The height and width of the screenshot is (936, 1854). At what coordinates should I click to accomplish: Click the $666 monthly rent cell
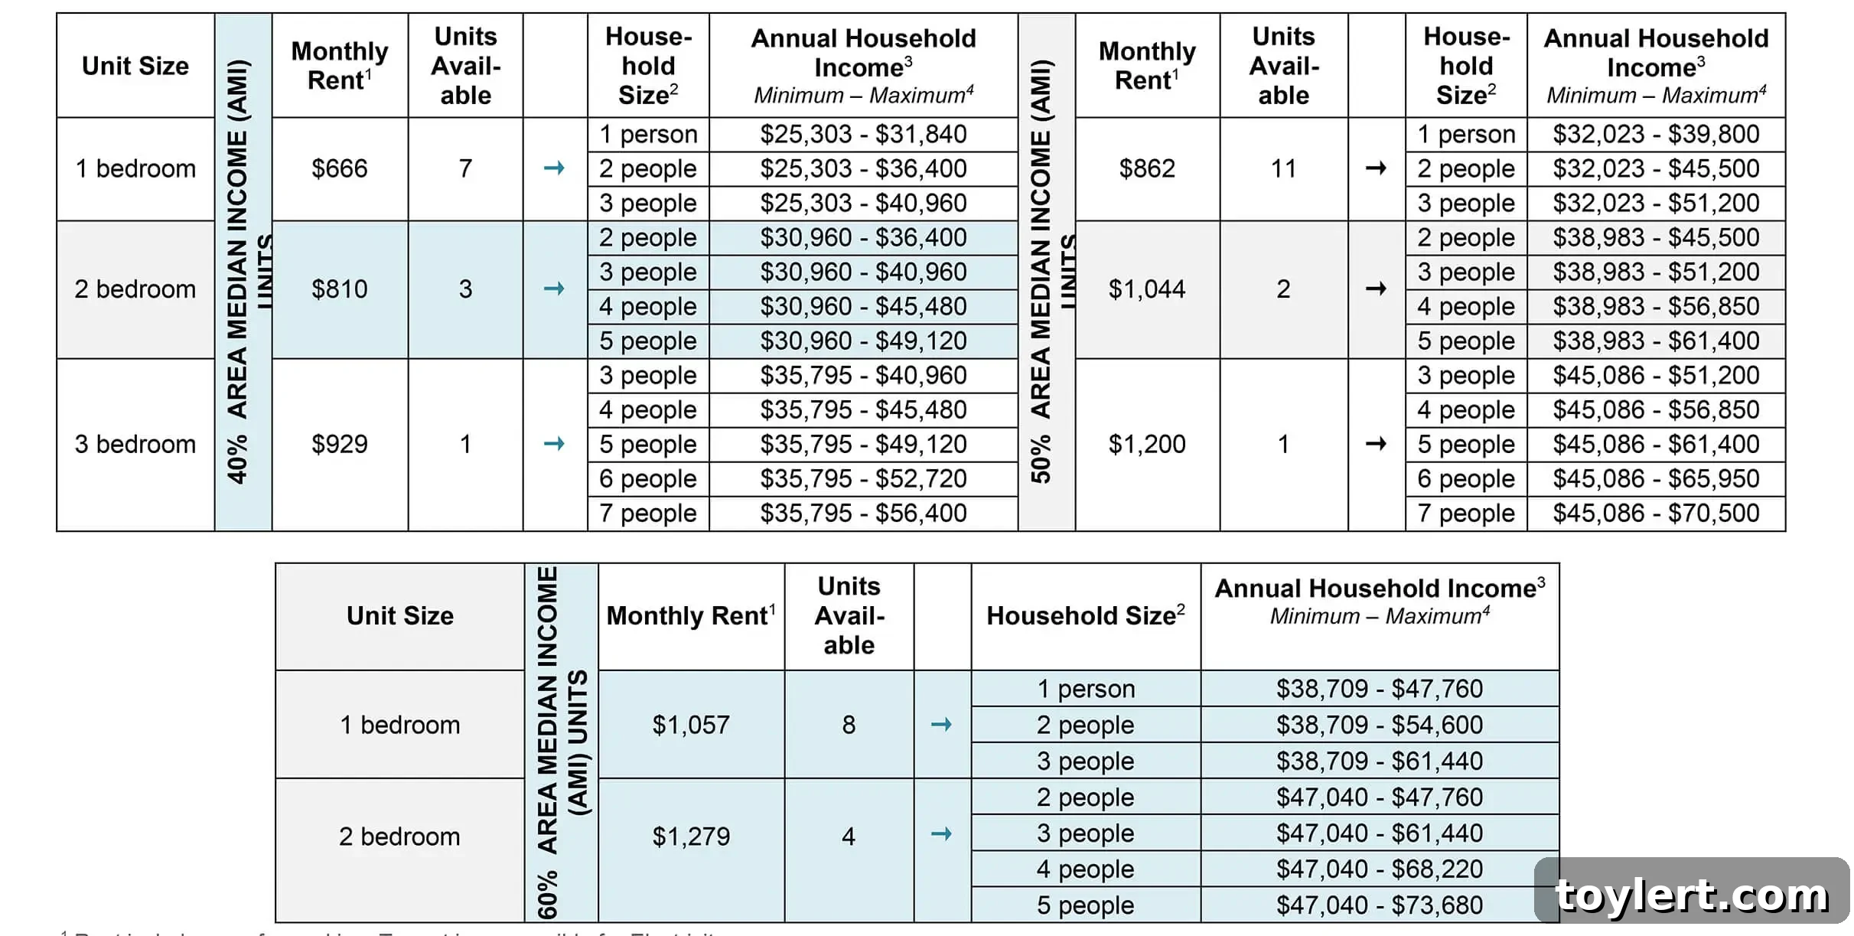coord(339,168)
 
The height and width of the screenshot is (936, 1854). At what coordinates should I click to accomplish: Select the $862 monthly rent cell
coord(1146,168)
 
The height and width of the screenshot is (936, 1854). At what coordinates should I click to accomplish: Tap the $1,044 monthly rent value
coord(1146,289)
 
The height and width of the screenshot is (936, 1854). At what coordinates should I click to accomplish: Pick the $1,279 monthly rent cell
coord(690,837)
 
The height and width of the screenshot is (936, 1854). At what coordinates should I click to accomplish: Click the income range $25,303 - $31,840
coord(863,134)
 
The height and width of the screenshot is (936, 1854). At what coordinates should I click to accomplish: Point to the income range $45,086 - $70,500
coord(1656,513)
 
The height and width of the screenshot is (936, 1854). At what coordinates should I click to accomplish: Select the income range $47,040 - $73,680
coord(1379,905)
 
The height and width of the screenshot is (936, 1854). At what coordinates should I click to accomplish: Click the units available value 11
coord(1283,168)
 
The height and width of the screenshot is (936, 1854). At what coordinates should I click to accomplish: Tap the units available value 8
coord(849,725)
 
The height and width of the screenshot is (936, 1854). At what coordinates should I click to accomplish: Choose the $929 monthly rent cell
coord(339,444)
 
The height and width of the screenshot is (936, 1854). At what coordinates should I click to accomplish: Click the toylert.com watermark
coord(1692,895)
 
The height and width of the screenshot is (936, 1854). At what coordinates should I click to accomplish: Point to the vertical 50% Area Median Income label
coord(1045,272)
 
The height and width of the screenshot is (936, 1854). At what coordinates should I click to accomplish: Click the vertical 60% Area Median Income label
coord(560,742)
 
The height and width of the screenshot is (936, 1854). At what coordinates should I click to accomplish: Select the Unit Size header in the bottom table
coord(399,616)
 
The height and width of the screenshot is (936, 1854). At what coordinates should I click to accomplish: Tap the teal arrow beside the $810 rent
coord(554,289)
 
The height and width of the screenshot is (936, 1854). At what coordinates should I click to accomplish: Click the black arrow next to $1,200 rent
coord(1376,443)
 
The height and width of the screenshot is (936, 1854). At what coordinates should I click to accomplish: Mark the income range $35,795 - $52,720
coord(863,478)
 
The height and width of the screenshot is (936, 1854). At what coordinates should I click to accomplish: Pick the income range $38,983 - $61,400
coord(1656,341)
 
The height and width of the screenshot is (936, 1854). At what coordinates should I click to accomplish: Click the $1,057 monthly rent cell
coord(690,725)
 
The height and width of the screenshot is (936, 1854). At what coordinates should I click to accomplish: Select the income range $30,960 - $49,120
coord(863,341)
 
